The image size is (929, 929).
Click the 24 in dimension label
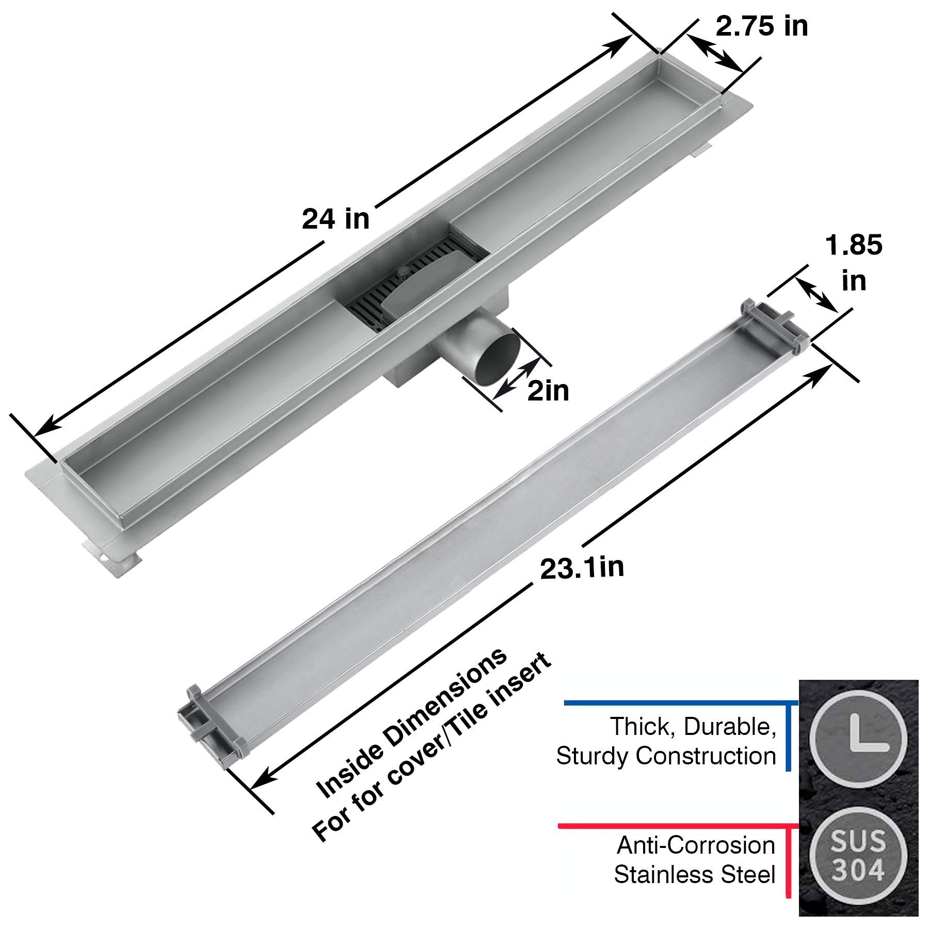pos(335,219)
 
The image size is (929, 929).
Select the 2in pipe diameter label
pos(548,391)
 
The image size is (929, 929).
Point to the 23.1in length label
pos(582,568)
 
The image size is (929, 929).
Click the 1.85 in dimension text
pos(854,263)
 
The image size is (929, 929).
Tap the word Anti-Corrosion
pos(696,846)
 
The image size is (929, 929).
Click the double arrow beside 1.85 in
pos(816,294)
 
